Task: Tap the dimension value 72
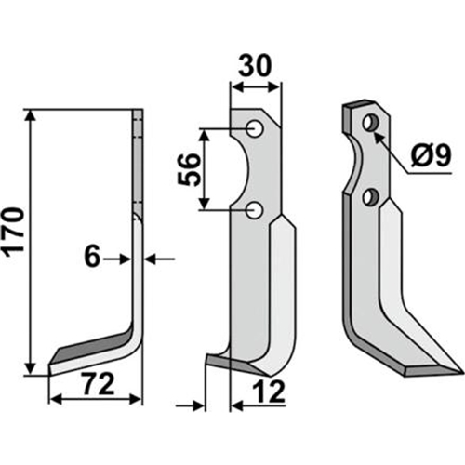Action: tap(100, 385)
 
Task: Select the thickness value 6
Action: tap(92, 258)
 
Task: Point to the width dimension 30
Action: tap(255, 66)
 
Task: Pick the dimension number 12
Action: tap(269, 392)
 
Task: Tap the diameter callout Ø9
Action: tap(431, 156)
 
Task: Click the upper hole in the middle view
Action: tap(255, 128)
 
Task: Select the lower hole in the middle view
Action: tap(255, 210)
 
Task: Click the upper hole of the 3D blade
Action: tap(371, 123)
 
